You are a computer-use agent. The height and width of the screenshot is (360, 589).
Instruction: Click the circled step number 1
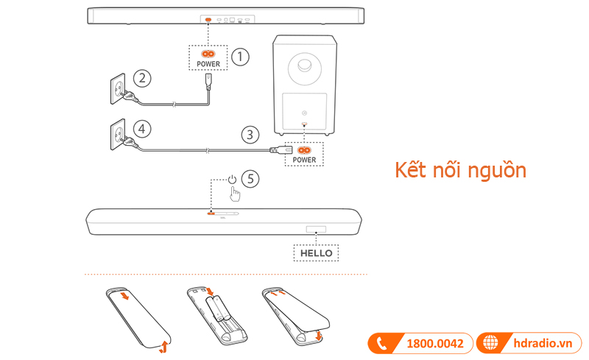coord(241,56)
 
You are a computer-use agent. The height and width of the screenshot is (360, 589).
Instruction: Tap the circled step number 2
coord(144,78)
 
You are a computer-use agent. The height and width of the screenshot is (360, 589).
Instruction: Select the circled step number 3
coord(252,134)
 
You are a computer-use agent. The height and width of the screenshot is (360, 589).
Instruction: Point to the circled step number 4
coord(144,128)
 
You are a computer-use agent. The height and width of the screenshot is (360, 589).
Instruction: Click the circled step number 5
coord(252,178)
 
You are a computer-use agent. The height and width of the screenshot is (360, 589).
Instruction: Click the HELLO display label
coord(317,253)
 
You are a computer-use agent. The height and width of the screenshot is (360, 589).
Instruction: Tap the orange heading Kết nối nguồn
coord(460,170)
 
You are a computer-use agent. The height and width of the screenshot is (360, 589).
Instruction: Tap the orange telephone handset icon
coord(381,343)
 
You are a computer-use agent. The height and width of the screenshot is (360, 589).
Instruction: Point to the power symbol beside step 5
coord(233,179)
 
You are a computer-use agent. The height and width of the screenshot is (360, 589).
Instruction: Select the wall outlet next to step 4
coord(118,135)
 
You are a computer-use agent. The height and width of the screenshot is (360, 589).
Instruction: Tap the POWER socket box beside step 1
coord(208,57)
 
